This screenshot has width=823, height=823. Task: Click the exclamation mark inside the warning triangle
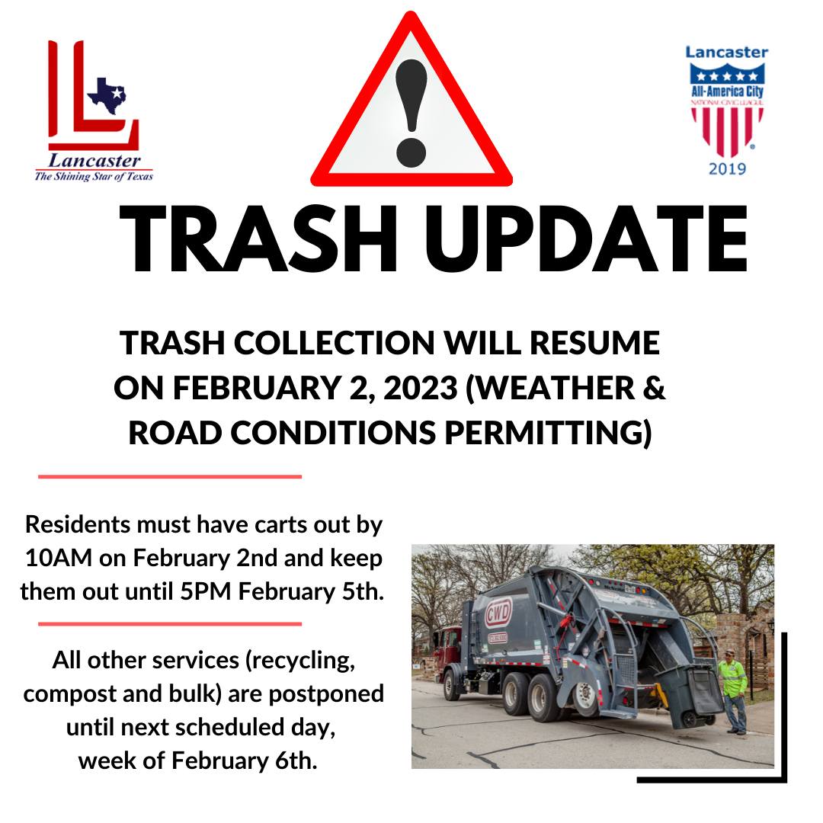[411, 112]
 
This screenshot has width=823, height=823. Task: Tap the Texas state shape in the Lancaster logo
[107, 95]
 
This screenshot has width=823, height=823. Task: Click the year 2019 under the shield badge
[727, 169]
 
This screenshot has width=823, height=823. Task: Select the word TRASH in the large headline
[258, 239]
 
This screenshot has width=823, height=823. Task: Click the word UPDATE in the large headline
[586, 239]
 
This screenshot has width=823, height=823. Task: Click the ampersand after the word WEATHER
[654, 388]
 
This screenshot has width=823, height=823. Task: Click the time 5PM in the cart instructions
[205, 591]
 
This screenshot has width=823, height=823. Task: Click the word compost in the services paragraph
[69, 694]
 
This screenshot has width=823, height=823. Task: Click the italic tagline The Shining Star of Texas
[94, 176]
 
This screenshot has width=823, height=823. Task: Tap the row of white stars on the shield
[727, 76]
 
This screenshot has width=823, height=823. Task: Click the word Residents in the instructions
[78, 524]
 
